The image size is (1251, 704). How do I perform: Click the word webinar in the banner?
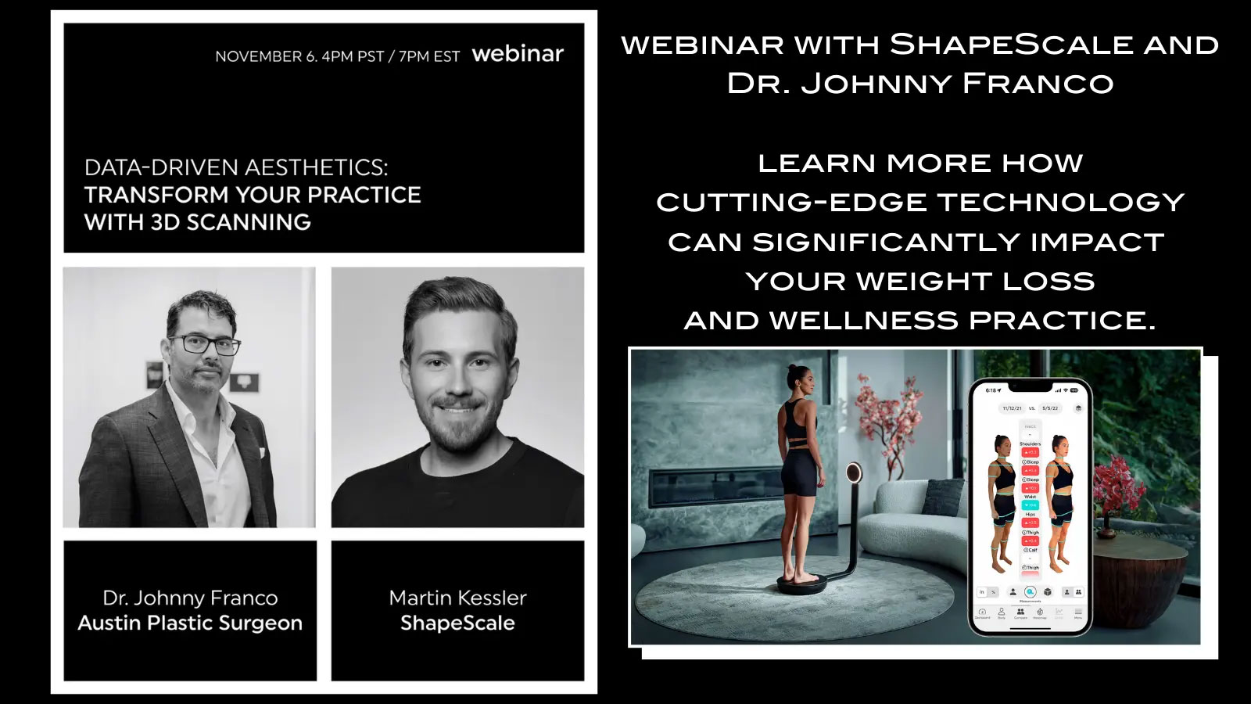coord(518,54)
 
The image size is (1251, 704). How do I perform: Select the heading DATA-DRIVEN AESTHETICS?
coord(235,167)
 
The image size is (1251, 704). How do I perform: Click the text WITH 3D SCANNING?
coord(197,222)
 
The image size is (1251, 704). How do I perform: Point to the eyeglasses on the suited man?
coord(203,344)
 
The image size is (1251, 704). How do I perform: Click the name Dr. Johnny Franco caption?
coord(190,598)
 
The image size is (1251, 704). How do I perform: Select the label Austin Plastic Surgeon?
coord(190,623)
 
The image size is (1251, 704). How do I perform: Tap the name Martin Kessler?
coord(457,598)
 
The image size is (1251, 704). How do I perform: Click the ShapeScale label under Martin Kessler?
coord(457,623)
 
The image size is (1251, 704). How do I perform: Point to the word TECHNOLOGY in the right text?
coord(1061,203)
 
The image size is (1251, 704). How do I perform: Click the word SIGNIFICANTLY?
coord(887,242)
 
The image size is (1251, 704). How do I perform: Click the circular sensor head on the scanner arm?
coord(854,472)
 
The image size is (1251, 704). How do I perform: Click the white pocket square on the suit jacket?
coord(263,453)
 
